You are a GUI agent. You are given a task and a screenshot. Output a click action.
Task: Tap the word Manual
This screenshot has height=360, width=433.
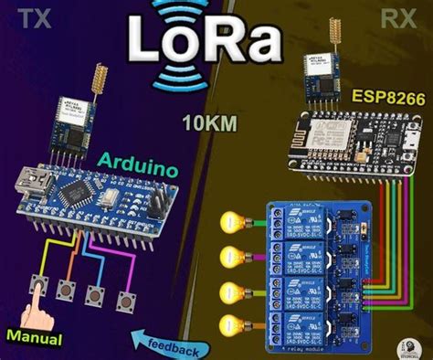[35, 337]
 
